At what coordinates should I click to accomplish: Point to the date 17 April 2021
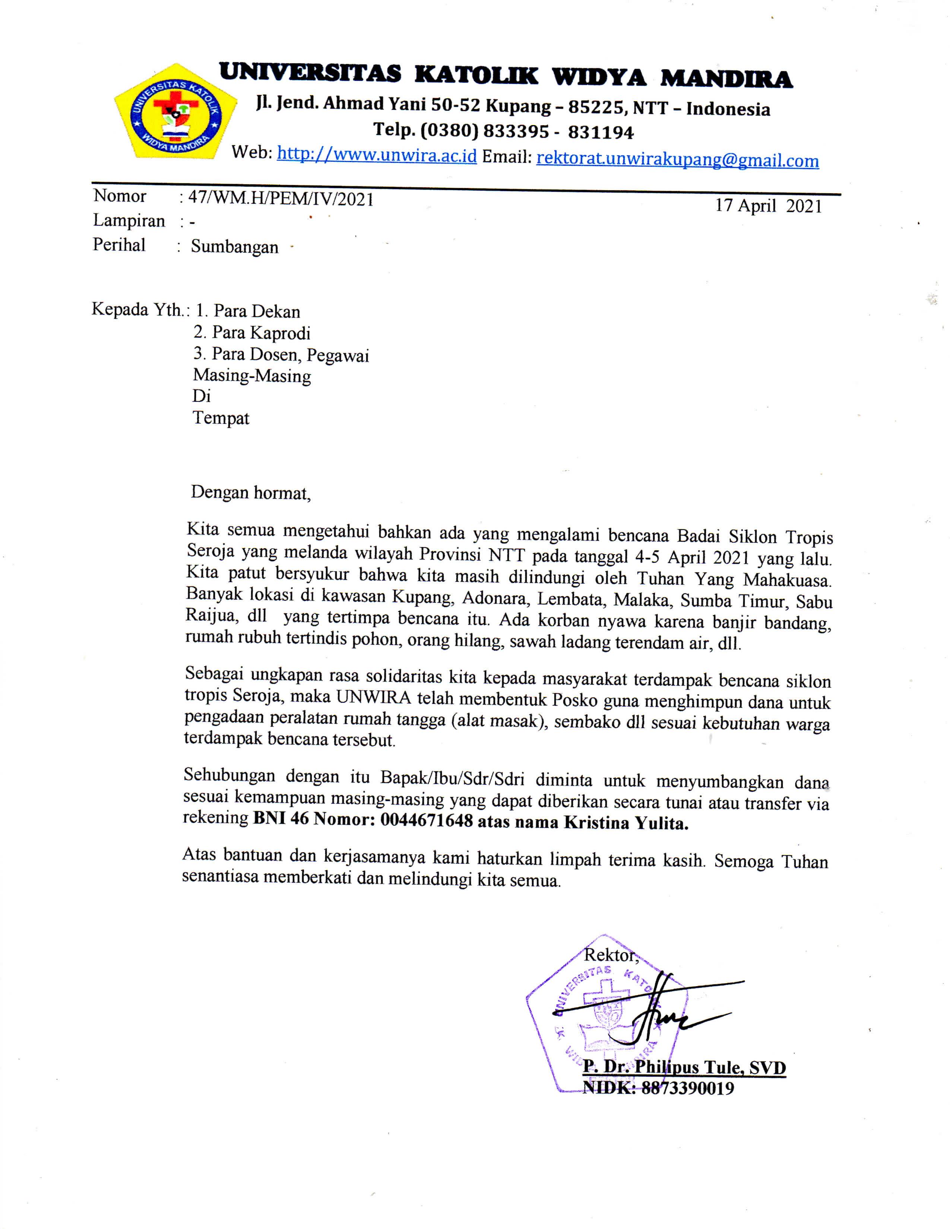click(768, 206)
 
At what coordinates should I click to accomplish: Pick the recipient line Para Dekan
click(248, 311)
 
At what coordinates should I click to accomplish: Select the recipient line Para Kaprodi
click(252, 333)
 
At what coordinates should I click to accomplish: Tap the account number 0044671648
click(426, 821)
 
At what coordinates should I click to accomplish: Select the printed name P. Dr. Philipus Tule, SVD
click(684, 1067)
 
